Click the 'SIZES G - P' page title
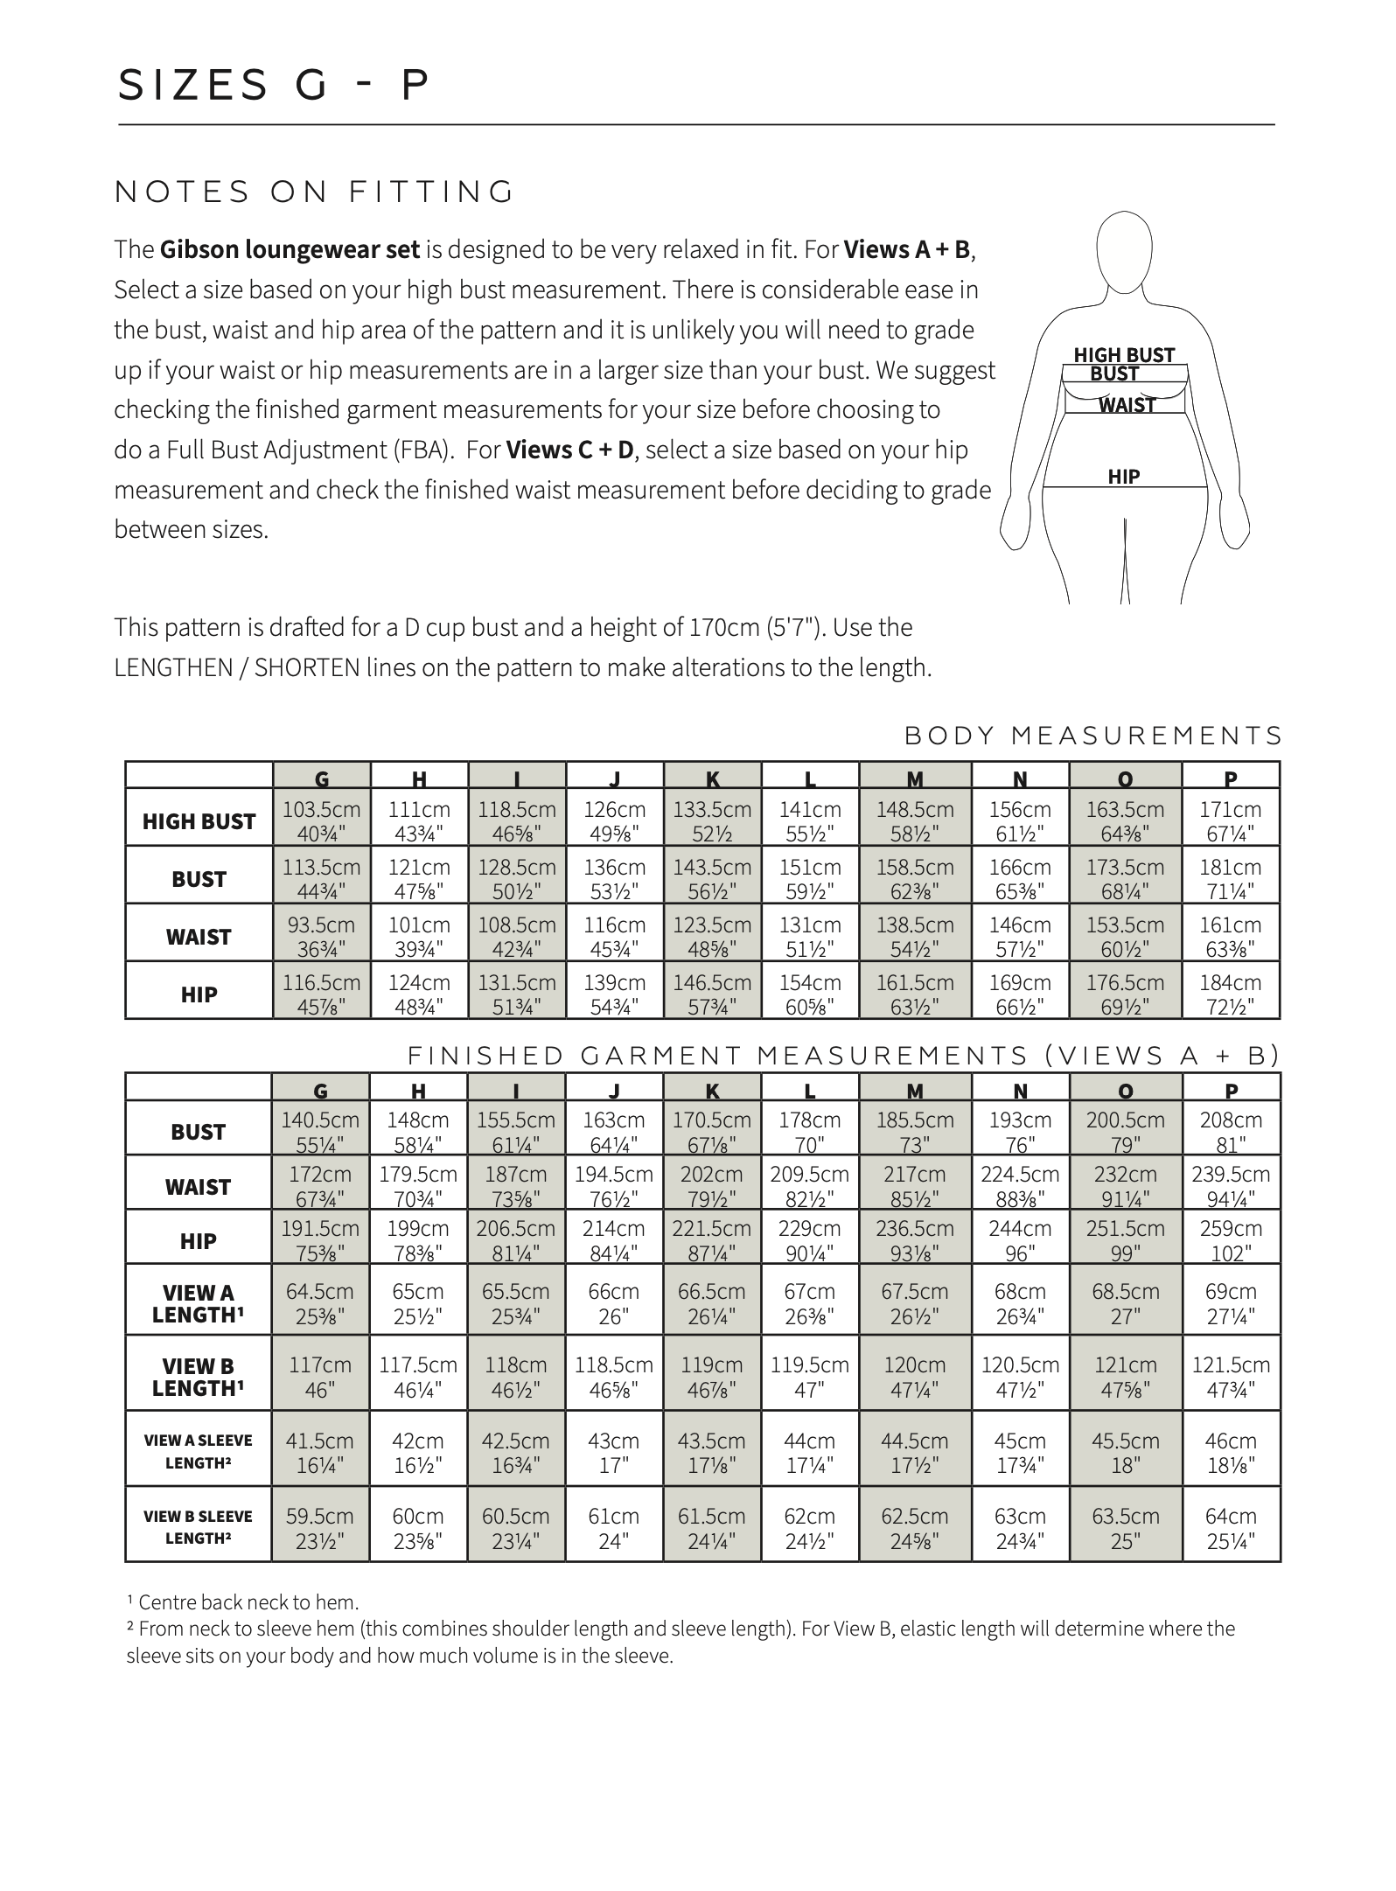pyautogui.click(x=274, y=86)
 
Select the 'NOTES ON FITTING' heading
pyautogui.click(x=315, y=192)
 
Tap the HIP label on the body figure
pyautogui.click(x=1124, y=477)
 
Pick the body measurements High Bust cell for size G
pyautogui.click(x=321, y=821)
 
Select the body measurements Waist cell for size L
pyautogui.click(x=810, y=937)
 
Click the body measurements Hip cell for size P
pyautogui.click(x=1230, y=994)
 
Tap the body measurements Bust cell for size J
pyautogui.click(x=614, y=879)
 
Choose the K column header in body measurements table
pyautogui.click(x=713, y=778)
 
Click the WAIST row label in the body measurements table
pyautogui.click(x=199, y=937)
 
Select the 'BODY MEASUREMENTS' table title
pyautogui.click(x=1093, y=736)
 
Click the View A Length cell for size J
pyautogui.click(x=614, y=1303)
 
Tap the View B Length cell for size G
pyautogui.click(x=320, y=1377)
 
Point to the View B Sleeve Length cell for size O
pyautogui.click(x=1125, y=1528)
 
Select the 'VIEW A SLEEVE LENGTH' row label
pyautogui.click(x=199, y=1451)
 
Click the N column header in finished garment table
pyautogui.click(x=1020, y=1090)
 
